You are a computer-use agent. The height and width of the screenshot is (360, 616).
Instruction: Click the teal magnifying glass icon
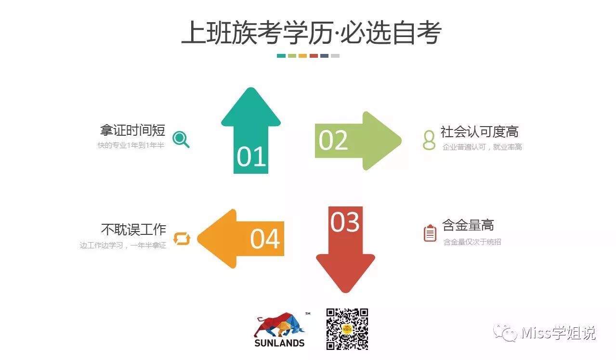pyautogui.click(x=181, y=139)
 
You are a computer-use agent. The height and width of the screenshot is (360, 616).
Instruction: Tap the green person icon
pyautogui.click(x=429, y=140)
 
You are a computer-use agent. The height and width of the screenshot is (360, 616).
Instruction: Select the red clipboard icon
pyautogui.click(x=430, y=233)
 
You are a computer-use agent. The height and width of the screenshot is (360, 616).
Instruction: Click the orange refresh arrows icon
pyautogui.click(x=182, y=239)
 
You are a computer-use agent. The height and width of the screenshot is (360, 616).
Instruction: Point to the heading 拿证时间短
pyautogui.click(x=132, y=130)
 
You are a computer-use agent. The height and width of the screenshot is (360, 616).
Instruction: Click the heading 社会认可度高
pyautogui.click(x=479, y=131)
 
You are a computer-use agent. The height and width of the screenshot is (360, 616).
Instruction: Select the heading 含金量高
pyautogui.click(x=468, y=225)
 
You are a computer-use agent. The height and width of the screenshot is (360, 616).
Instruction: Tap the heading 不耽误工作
pyautogui.click(x=133, y=229)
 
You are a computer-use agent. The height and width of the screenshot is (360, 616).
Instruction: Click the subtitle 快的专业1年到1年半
pyautogui.click(x=131, y=145)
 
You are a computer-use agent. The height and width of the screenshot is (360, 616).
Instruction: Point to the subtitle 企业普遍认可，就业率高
pyautogui.click(x=482, y=147)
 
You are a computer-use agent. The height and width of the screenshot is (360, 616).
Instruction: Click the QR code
pyautogui.click(x=347, y=329)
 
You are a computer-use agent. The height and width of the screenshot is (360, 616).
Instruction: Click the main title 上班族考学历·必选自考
pyautogui.click(x=311, y=33)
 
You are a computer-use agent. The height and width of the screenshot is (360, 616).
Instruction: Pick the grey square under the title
pyautogui.click(x=335, y=56)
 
